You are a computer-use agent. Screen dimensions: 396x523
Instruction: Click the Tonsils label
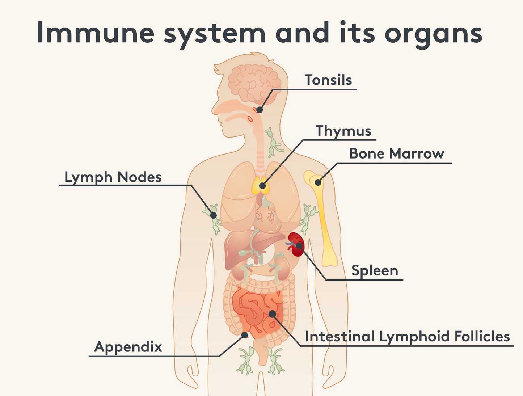(328, 80)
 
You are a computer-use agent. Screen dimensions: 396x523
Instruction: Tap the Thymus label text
(343, 131)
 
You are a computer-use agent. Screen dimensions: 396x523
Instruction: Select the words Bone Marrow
(396, 154)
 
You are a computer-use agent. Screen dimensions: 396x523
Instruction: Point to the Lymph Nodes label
(113, 177)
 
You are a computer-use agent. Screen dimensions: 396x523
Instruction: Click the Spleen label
(375, 270)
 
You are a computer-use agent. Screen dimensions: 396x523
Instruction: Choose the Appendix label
(128, 347)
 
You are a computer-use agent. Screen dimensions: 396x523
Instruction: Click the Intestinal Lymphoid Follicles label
(407, 337)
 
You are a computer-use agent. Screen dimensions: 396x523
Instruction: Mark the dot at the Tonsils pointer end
(259, 110)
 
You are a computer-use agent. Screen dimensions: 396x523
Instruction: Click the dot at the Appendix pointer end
(245, 335)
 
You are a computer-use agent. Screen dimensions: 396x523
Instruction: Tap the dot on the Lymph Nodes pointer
(214, 215)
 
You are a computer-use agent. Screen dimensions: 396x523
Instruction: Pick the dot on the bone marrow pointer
(318, 182)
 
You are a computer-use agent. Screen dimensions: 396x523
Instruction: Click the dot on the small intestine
(272, 313)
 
